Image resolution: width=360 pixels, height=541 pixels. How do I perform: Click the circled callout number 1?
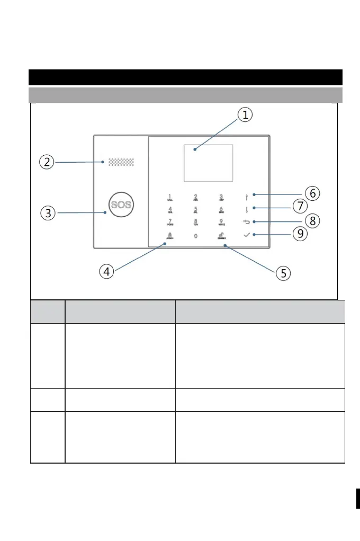coord(245,115)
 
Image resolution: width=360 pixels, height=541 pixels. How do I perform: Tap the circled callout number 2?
coord(47,162)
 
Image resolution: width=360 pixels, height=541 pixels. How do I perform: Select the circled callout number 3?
coord(48,213)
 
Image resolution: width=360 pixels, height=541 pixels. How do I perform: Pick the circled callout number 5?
coord(284,273)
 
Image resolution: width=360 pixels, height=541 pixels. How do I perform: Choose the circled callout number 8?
coord(313,221)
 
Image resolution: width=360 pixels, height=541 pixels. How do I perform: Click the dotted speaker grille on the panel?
coord(121,162)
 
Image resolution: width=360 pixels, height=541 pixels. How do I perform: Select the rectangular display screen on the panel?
coord(208,163)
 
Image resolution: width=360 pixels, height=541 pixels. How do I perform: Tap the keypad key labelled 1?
coord(170,198)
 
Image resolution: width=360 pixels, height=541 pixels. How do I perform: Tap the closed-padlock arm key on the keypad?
coord(170,236)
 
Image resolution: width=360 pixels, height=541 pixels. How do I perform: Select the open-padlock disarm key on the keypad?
coord(222,236)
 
